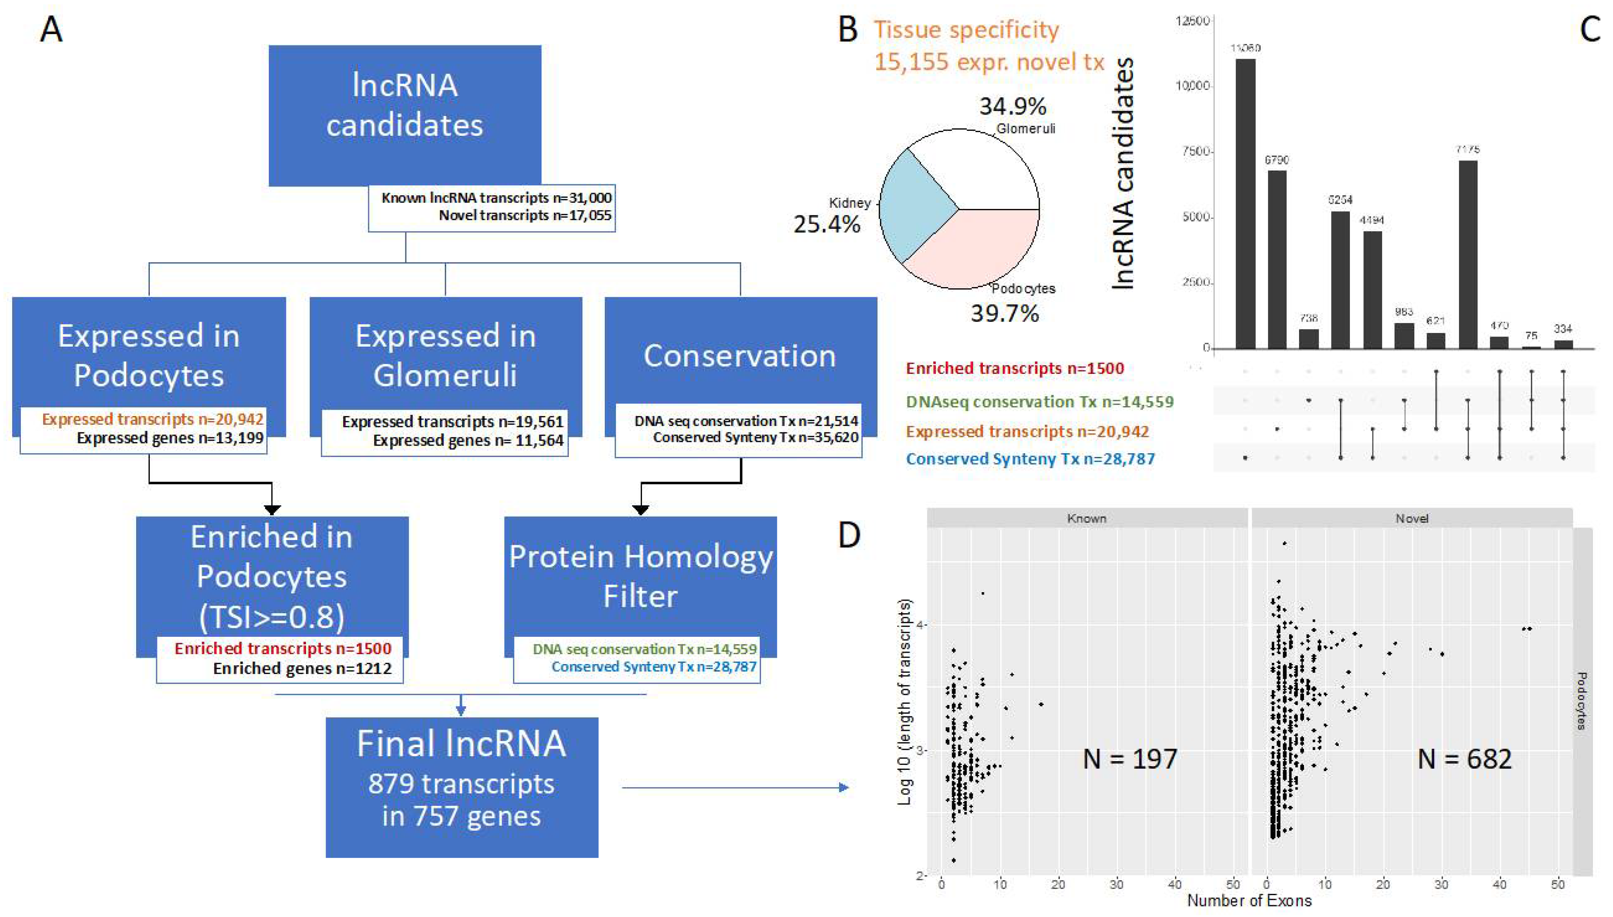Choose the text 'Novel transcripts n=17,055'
point(524,215)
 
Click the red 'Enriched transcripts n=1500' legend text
point(1014,369)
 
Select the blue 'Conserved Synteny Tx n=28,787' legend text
point(1030,459)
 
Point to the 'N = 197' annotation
point(1130,758)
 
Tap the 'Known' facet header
point(1087,518)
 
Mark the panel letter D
point(849,536)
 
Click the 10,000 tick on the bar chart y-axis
point(1192,86)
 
